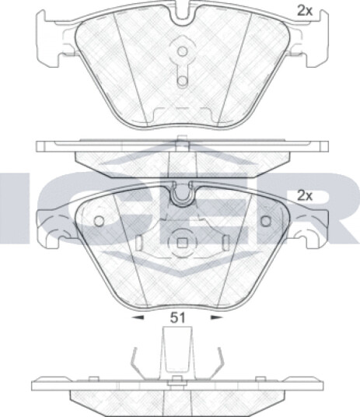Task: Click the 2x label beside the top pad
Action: click(x=304, y=11)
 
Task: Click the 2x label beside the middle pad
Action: click(x=305, y=196)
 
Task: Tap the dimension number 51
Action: click(x=177, y=317)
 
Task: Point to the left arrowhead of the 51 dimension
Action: click(x=138, y=317)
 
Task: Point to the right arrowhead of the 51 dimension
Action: click(x=217, y=317)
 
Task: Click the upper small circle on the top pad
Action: click(x=183, y=51)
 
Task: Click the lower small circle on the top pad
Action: click(x=183, y=81)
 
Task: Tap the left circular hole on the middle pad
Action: click(x=100, y=221)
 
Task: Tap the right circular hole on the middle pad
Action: click(x=266, y=221)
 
